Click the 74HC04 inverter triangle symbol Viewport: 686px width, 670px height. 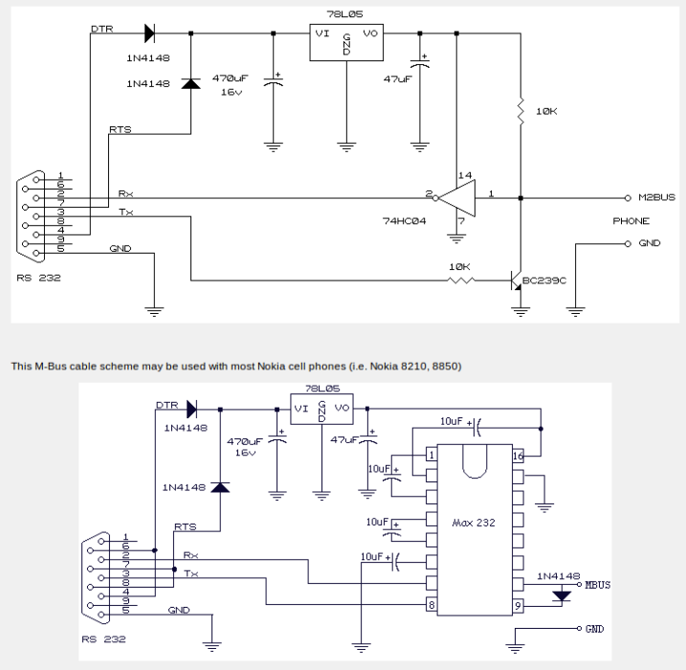coord(456,198)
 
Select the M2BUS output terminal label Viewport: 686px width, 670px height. coord(656,198)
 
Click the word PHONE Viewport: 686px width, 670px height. coord(631,221)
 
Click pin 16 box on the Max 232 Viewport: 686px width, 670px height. coord(517,456)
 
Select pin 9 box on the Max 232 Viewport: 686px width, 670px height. coord(517,604)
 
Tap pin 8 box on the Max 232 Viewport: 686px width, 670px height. coord(432,604)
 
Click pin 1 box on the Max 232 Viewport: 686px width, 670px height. coord(432,456)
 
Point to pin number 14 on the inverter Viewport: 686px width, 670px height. coord(466,176)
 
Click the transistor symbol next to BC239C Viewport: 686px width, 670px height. coord(517,281)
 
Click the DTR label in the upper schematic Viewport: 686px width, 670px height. coord(101,29)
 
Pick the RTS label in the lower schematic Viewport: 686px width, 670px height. coord(185,526)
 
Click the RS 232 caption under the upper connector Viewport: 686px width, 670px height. coord(37,279)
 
